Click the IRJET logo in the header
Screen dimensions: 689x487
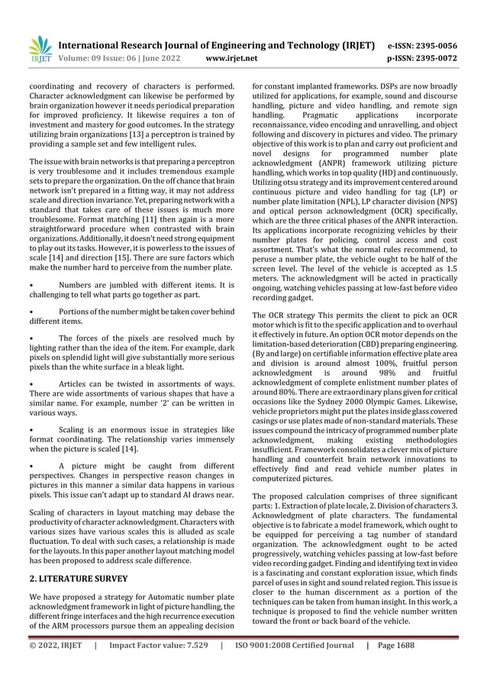tap(40, 50)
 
